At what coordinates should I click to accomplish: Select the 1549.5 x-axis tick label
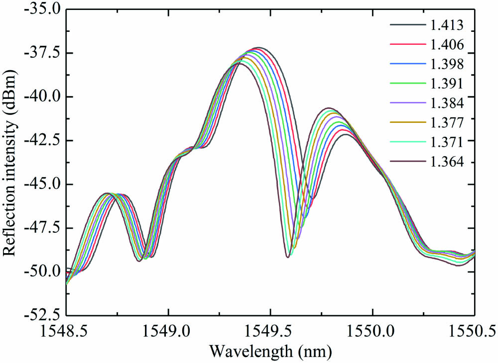pos(270,330)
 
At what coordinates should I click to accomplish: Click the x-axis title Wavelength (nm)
pos(269,351)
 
